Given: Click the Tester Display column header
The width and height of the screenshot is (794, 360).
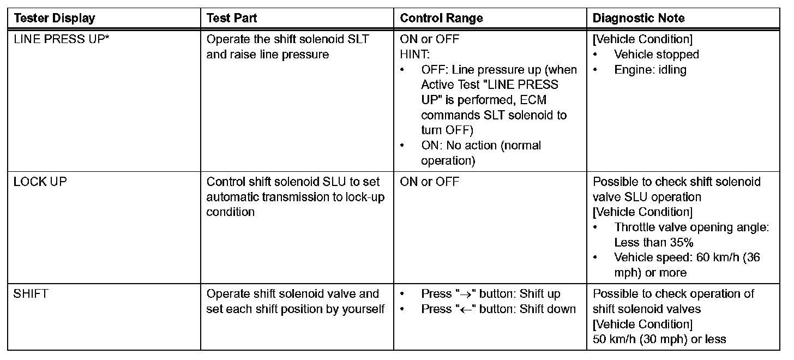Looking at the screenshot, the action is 55,18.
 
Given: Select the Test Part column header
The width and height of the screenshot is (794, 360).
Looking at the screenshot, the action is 232,18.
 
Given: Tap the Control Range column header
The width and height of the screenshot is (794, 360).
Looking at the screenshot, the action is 441,18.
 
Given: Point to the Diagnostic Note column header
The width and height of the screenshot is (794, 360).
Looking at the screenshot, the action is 639,18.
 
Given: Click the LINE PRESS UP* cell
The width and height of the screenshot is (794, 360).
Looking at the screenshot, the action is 61,39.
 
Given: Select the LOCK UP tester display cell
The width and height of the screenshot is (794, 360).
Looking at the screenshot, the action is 40,182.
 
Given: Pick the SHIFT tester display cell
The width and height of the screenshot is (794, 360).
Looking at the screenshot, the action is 31,294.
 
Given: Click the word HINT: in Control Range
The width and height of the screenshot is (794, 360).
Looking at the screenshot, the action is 415,55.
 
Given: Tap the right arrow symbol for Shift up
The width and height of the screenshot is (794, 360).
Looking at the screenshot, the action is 464,295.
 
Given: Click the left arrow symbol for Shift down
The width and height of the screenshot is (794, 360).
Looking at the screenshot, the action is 464,309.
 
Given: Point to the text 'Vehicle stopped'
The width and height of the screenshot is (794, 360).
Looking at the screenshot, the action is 656,55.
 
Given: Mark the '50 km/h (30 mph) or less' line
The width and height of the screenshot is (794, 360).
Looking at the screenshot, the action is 659,339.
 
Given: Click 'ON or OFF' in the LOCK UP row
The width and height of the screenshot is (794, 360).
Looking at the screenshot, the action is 430,182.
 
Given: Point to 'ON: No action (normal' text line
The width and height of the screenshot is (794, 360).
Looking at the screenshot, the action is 481,146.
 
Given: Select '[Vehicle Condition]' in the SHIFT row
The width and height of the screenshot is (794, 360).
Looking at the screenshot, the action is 642,325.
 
